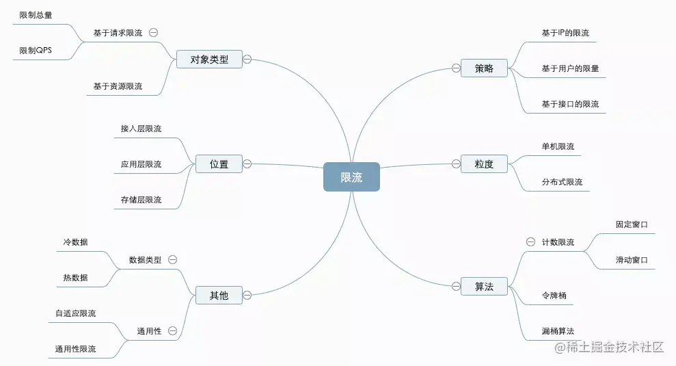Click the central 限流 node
[351, 177]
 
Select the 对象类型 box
[209, 60]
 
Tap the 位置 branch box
[219, 164]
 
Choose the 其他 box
[219, 296]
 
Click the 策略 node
[484, 68]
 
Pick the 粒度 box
[484, 164]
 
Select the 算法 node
[484, 287]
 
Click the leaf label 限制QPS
[35, 51]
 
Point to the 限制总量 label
[36, 14]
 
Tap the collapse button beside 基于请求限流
[154, 32]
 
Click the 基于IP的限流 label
[565, 32]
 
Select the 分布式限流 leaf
[562, 182]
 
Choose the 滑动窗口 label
[631, 260]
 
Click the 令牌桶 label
[554, 296]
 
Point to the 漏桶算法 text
[558, 331]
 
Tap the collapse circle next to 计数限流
[530, 241]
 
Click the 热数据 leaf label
[75, 278]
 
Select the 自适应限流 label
[75, 313]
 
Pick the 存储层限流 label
[141, 200]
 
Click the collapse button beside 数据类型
[173, 260]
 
